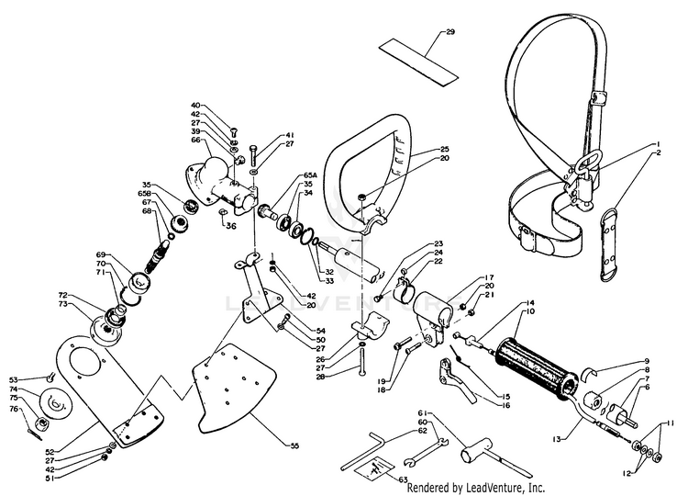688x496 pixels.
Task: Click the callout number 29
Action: [x=450, y=32]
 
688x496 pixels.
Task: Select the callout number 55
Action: [x=294, y=445]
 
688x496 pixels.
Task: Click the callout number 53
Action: [x=14, y=378]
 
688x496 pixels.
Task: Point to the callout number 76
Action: [x=14, y=409]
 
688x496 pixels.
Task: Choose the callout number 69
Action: [x=101, y=254]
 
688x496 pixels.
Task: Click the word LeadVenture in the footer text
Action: [x=503, y=488]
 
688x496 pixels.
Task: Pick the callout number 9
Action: [x=646, y=361]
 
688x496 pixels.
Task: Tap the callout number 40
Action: [x=196, y=106]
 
